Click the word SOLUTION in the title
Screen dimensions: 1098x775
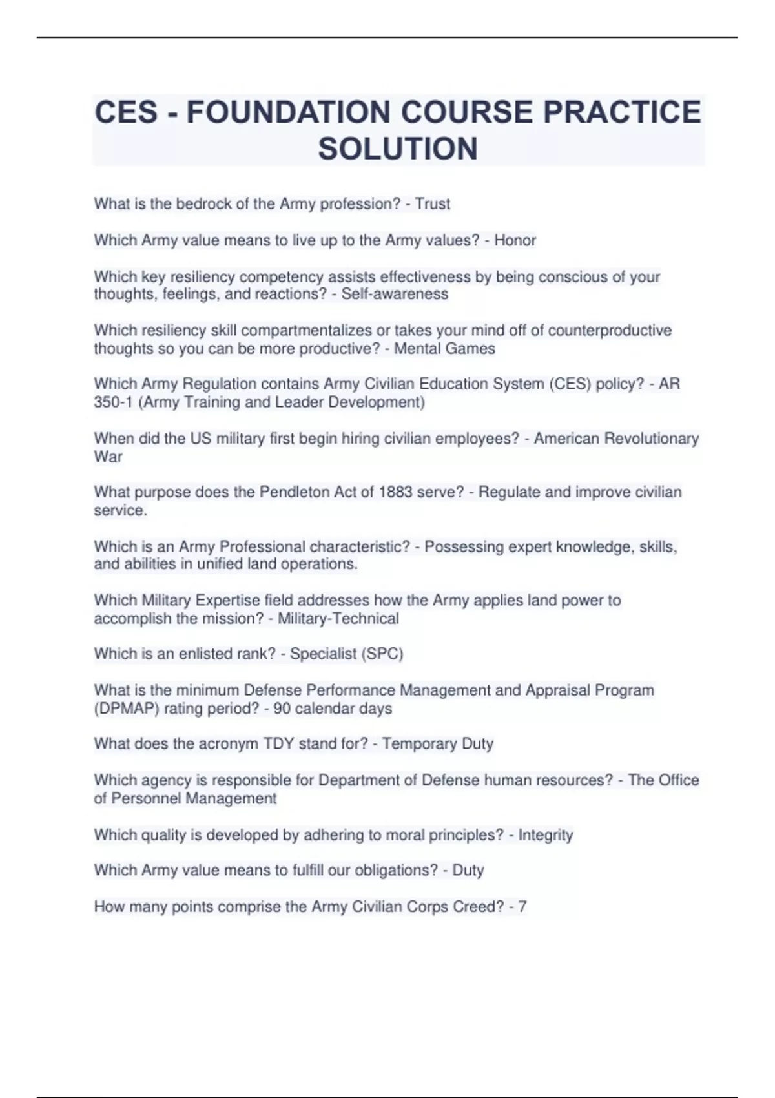pos(398,149)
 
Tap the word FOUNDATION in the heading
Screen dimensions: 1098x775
pos(288,112)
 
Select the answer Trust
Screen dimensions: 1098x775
pos(432,204)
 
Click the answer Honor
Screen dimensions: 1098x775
pos(515,240)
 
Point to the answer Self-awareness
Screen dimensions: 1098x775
pos(395,294)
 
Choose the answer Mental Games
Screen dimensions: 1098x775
pos(444,349)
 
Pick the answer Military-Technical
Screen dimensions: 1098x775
pos(338,619)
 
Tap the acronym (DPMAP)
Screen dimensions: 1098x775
pos(127,709)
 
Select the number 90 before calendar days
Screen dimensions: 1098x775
pos(282,709)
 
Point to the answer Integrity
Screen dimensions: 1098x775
pos(545,835)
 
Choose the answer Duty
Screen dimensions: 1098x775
pos(468,871)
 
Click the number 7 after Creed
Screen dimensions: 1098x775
pos(522,907)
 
